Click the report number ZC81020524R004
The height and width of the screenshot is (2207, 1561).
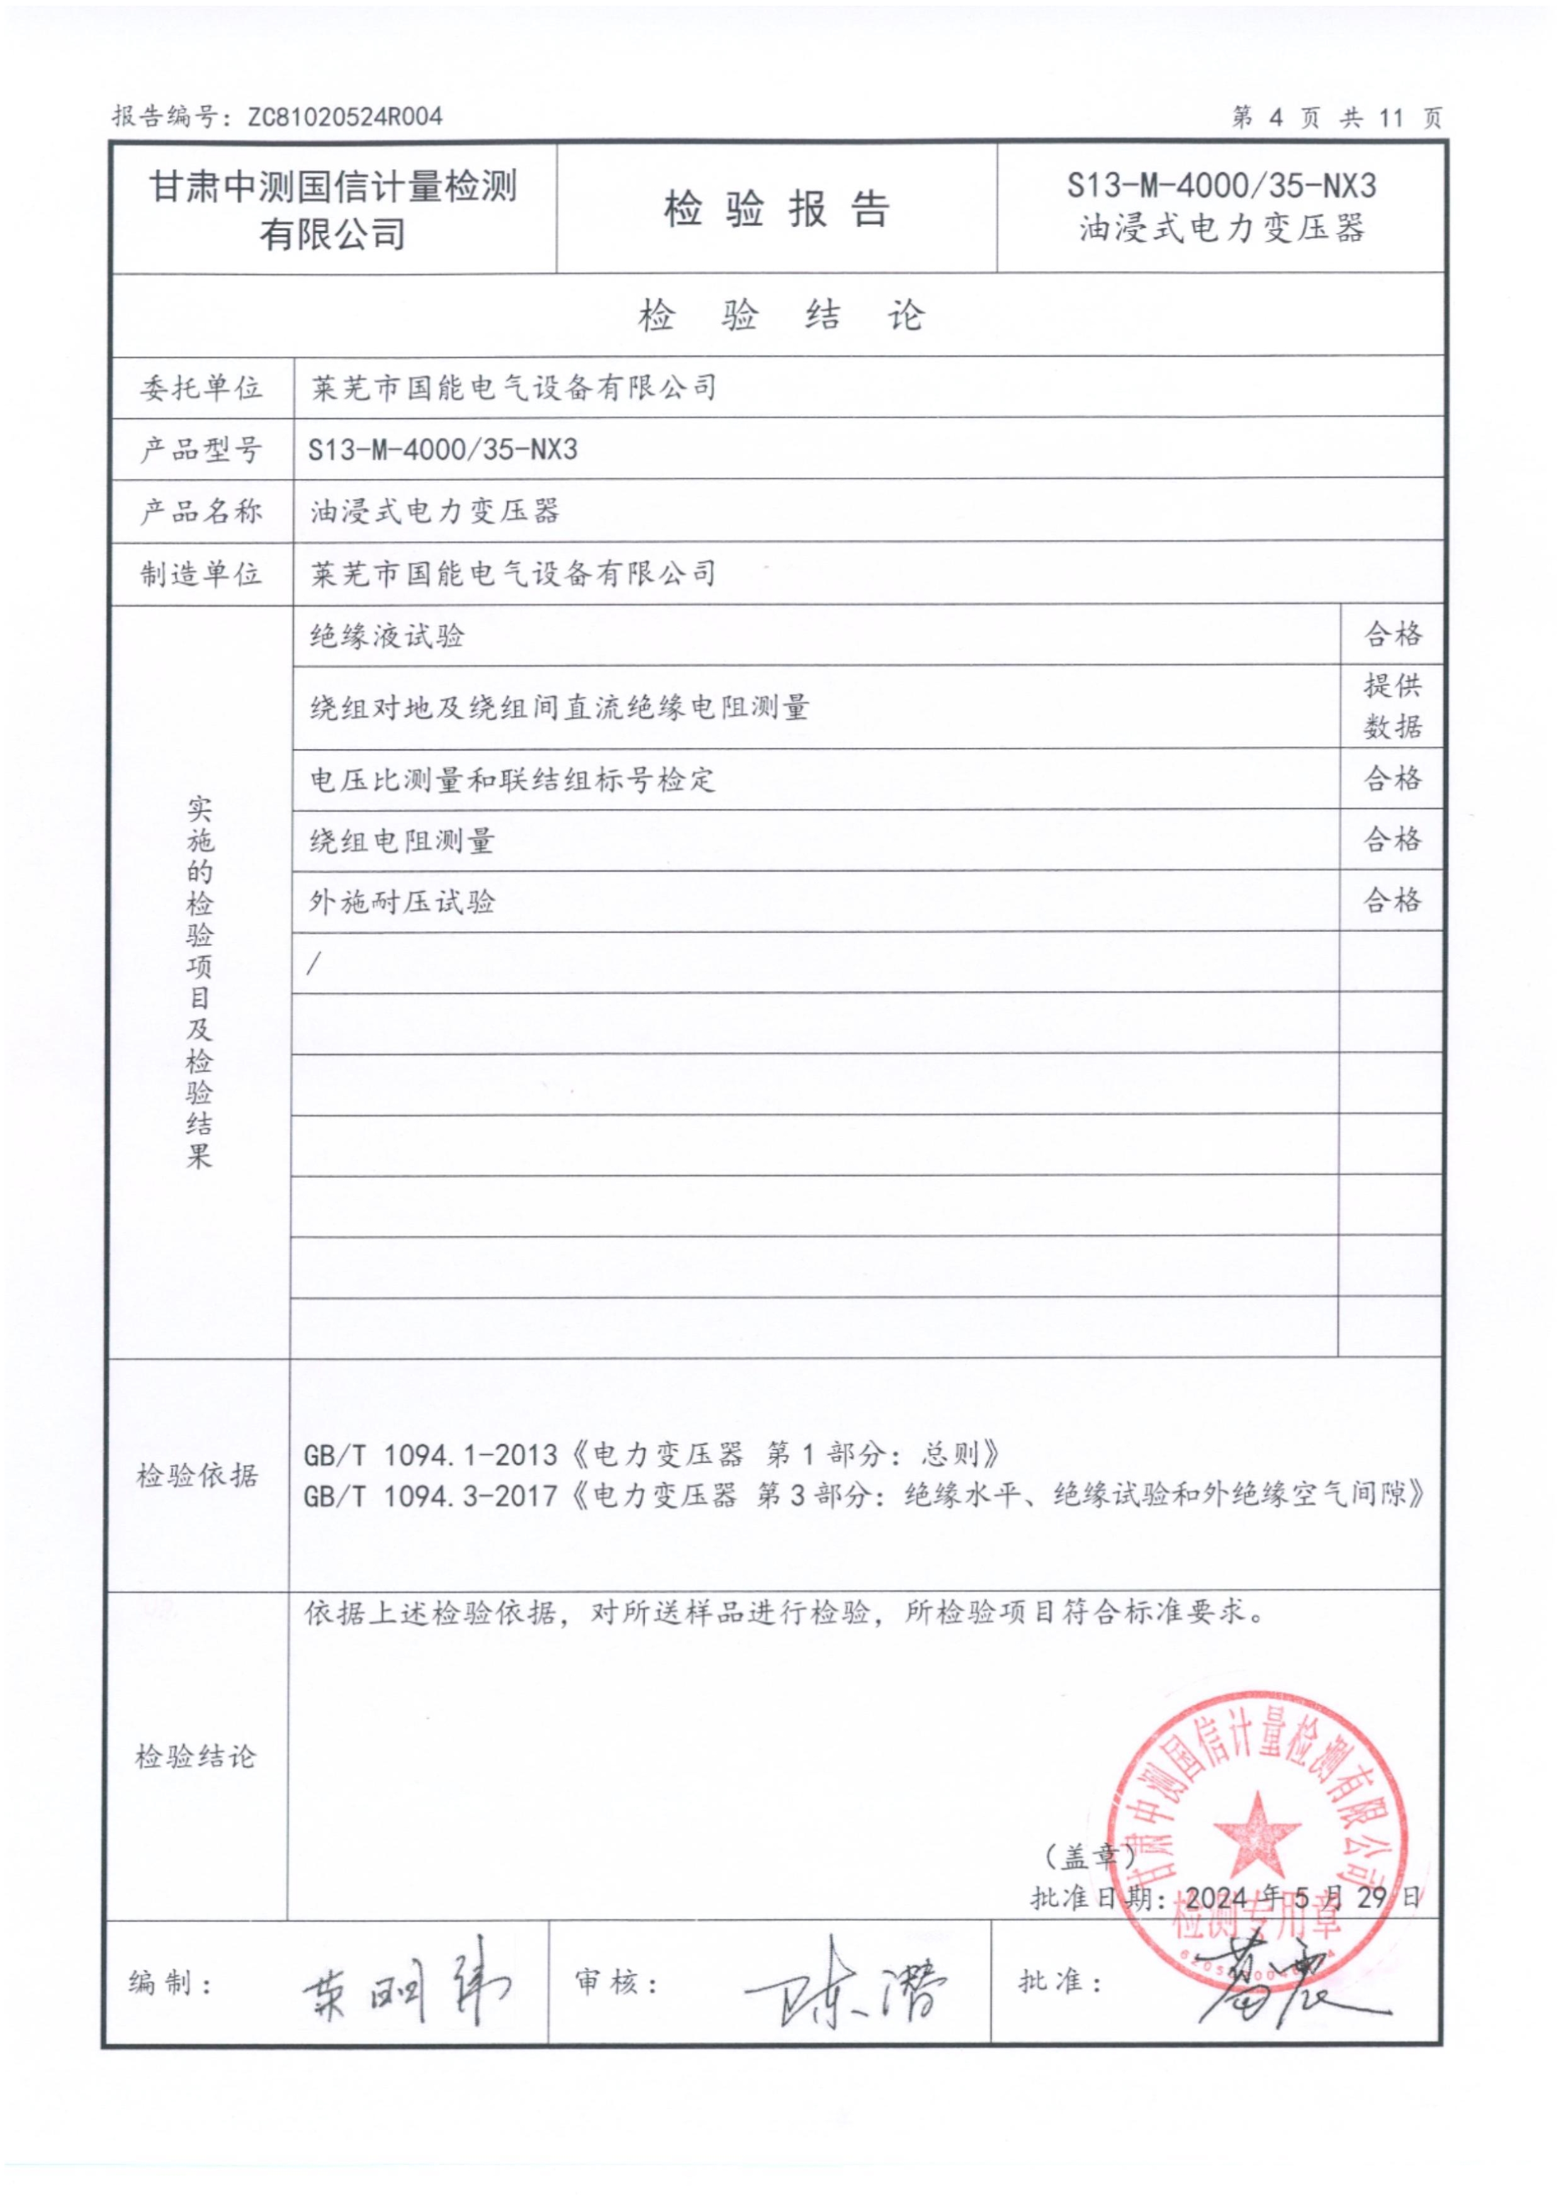tap(344, 117)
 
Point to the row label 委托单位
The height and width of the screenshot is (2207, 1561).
tap(201, 388)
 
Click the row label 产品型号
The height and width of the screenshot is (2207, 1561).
tap(201, 449)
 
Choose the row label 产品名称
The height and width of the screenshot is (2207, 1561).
tap(201, 512)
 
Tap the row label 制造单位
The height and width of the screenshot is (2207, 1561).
tap(201, 574)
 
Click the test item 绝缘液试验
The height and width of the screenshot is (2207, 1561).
tap(387, 636)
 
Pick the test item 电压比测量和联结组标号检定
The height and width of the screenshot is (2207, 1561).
tap(512, 778)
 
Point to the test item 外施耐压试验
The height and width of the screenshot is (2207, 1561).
tap(402, 902)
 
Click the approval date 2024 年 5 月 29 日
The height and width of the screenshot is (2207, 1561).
tap(1302, 1897)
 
